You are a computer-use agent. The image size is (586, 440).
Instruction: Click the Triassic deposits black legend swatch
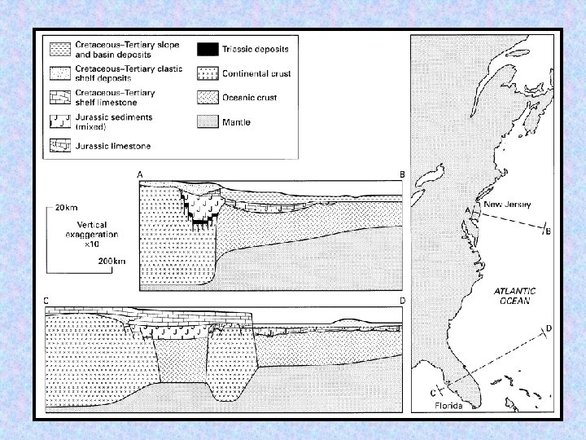point(208,50)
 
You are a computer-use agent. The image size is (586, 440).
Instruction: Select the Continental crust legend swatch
point(208,73)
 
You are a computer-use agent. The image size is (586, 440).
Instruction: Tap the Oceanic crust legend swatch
point(208,98)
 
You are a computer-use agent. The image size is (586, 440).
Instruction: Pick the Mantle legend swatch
point(208,122)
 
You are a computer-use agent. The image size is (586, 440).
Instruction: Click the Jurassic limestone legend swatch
point(60,146)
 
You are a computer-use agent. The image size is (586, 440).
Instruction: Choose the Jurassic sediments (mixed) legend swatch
point(60,121)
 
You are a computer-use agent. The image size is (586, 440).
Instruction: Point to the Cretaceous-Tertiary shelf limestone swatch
point(60,97)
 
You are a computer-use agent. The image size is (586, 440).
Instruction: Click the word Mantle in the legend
point(236,122)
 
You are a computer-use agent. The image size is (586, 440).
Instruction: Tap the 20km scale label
point(66,208)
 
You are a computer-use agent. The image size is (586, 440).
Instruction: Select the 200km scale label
point(112,262)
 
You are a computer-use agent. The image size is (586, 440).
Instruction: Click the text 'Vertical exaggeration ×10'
point(92,235)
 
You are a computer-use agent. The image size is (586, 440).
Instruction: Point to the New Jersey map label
point(507,205)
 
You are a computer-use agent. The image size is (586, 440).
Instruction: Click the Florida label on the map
point(448,406)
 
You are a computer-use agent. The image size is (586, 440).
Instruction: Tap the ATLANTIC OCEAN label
point(515,296)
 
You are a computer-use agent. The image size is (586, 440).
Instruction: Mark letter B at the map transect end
point(549,231)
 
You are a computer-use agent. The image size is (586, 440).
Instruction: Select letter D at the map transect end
point(549,328)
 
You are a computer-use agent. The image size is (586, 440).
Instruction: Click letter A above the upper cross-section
point(140,174)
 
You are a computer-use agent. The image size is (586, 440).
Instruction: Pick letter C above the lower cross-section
point(46,301)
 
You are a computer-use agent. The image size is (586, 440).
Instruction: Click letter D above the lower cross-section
point(403,301)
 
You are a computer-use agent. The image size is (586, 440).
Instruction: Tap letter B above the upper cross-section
point(403,174)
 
